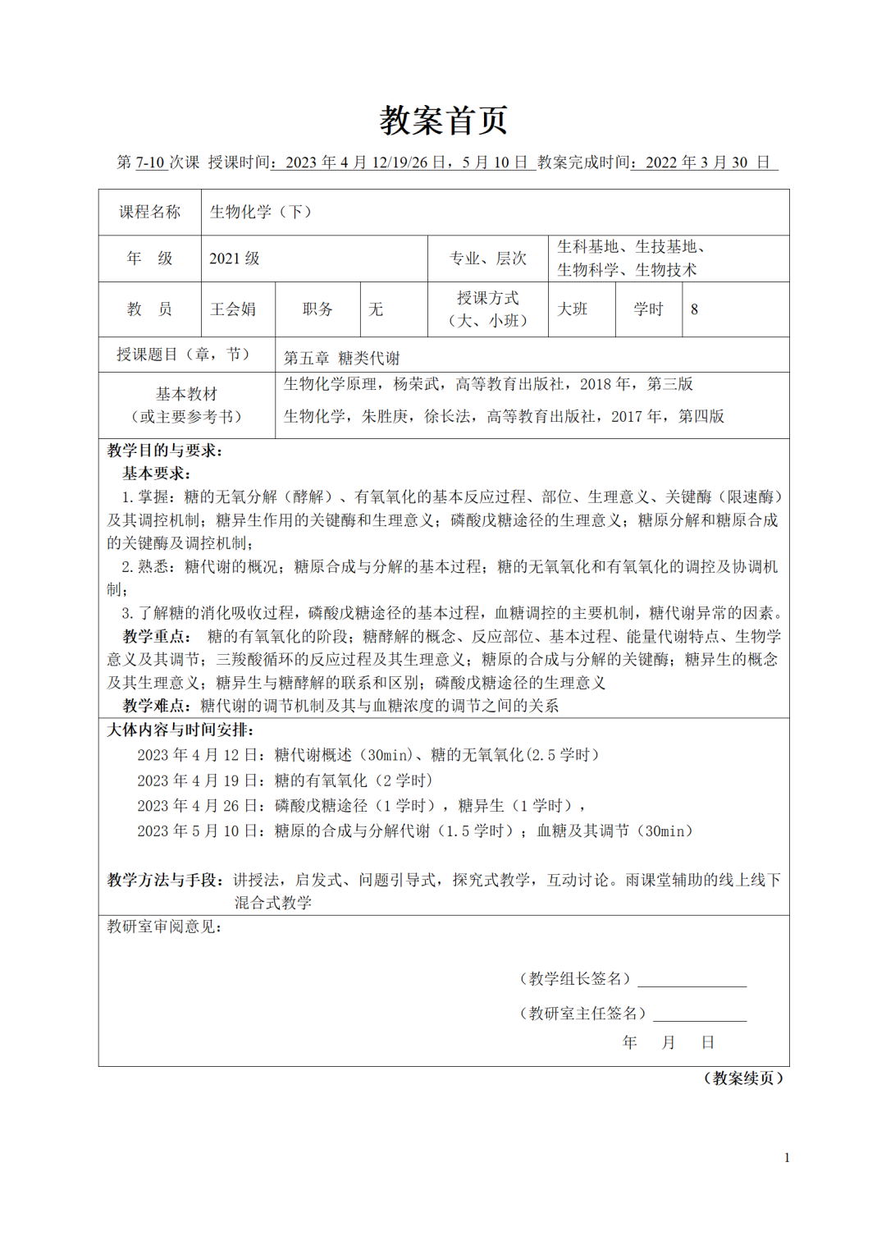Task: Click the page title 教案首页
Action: pyautogui.click(x=443, y=121)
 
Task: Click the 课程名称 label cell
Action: pyautogui.click(x=149, y=212)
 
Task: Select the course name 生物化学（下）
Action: pyautogui.click(x=260, y=212)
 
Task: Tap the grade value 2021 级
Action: pyautogui.click(x=234, y=259)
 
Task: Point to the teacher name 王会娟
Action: pyautogui.click(x=233, y=309)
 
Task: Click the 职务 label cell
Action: pyautogui.click(x=317, y=309)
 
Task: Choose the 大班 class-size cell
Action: pyautogui.click(x=573, y=309)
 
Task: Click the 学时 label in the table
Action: pyautogui.click(x=648, y=309)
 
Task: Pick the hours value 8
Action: pyautogui.click(x=694, y=309)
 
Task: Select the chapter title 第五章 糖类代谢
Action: pyautogui.click(x=341, y=358)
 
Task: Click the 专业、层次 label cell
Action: pyautogui.click(x=488, y=259)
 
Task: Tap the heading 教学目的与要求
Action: pyautogui.click(x=164, y=451)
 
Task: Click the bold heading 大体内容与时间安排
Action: pyautogui.click(x=180, y=730)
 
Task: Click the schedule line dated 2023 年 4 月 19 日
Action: pyautogui.click(x=285, y=780)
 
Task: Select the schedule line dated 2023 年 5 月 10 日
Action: pyautogui.click(x=414, y=831)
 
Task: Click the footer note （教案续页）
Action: pyautogui.click(x=743, y=1078)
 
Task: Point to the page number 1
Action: pyautogui.click(x=787, y=1158)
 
